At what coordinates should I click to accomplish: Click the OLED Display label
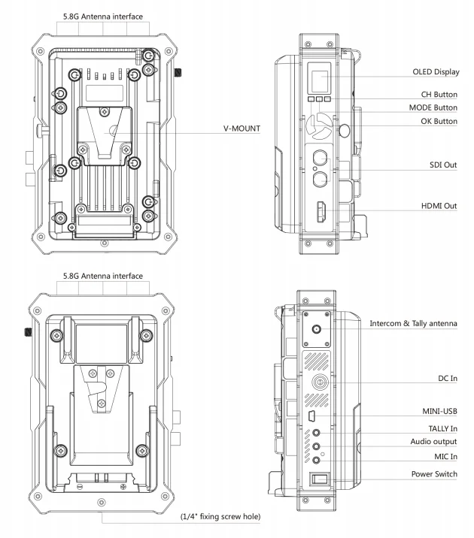pyautogui.click(x=433, y=73)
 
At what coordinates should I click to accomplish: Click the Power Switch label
pyautogui.click(x=433, y=474)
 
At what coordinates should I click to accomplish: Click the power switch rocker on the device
pyautogui.click(x=320, y=478)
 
